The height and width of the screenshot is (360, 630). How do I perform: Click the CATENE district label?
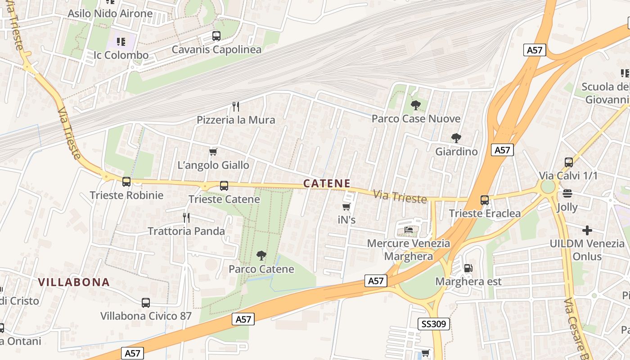click(327, 183)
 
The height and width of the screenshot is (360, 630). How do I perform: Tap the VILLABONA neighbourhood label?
click(74, 282)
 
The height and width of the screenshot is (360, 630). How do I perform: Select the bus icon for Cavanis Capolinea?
click(216, 36)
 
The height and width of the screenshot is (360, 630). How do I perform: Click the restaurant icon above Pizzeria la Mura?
click(235, 107)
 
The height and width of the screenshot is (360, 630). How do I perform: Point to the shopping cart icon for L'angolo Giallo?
click(213, 152)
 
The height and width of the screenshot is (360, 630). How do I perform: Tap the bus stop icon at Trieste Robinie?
click(126, 182)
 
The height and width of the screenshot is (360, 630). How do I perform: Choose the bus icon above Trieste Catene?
click(224, 186)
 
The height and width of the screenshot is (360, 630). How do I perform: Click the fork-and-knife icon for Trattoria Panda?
click(186, 218)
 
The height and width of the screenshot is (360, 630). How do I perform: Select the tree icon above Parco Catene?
click(261, 256)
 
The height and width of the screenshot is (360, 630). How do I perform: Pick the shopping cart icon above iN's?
click(346, 207)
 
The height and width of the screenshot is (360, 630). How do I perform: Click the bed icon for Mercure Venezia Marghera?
click(409, 230)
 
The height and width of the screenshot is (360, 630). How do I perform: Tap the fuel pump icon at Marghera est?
click(468, 268)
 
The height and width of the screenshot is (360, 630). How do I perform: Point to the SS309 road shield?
click(434, 324)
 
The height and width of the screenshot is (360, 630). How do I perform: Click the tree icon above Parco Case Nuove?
click(416, 106)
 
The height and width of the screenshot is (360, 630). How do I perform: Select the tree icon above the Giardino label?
click(456, 138)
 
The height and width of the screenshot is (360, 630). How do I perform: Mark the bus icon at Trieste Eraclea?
click(485, 200)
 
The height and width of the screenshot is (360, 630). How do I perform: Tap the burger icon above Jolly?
click(567, 194)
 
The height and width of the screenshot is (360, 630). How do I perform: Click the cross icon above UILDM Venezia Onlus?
click(587, 230)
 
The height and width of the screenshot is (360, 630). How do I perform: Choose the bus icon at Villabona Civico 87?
click(146, 303)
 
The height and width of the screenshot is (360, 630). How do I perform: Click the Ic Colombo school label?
click(121, 55)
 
